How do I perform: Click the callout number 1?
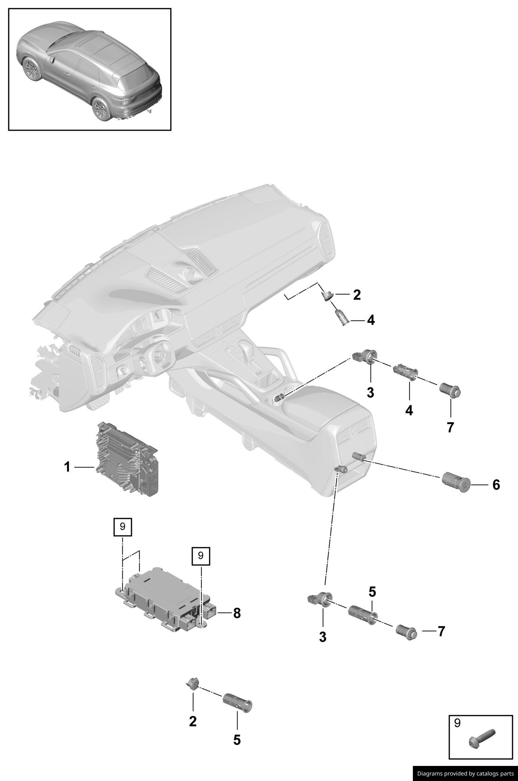click(67, 467)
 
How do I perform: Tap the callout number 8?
click(237, 613)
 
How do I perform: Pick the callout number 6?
click(496, 485)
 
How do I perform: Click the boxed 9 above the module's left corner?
click(122, 526)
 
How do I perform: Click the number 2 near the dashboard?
click(357, 295)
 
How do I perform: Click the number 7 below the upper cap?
click(450, 427)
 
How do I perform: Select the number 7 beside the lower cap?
click(441, 631)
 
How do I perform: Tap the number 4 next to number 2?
click(371, 320)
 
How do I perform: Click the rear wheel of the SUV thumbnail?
click(101, 109)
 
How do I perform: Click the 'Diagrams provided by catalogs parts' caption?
click(465, 773)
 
